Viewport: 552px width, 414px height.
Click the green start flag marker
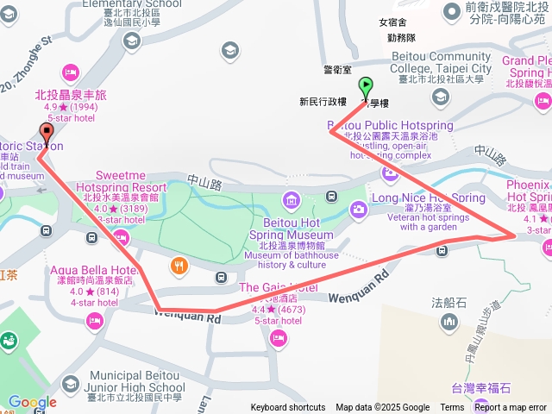[366, 87]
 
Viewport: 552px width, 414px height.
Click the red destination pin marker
[46, 134]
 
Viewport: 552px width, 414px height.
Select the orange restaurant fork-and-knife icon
[179, 266]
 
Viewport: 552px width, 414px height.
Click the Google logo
[32, 402]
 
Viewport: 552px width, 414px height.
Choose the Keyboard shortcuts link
[288, 408]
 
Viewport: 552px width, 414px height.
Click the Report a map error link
[511, 408]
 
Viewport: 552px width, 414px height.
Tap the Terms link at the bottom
[452, 408]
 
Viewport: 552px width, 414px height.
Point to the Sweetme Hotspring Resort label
[121, 181]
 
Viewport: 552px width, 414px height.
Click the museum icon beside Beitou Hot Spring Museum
[291, 201]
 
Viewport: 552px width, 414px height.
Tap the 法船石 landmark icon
[448, 322]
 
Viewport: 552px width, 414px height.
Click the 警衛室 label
[338, 69]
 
